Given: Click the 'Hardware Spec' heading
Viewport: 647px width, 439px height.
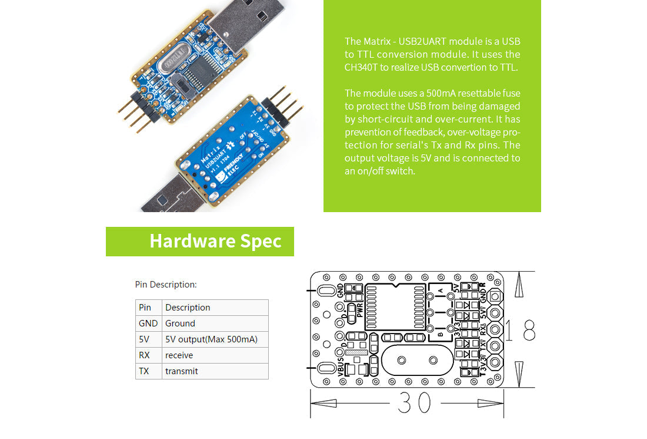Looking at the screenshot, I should tap(215, 242).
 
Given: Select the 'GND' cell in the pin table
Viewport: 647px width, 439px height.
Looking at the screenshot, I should tap(148, 324).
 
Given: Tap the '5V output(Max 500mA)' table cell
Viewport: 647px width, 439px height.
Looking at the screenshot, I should tap(211, 339).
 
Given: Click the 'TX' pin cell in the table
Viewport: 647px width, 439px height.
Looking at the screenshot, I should tap(144, 371).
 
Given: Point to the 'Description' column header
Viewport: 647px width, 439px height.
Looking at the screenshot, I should tap(188, 308).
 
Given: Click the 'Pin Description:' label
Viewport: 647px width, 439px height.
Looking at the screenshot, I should tap(166, 285).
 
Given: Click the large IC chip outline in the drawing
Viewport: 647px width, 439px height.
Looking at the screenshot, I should tap(395, 306).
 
